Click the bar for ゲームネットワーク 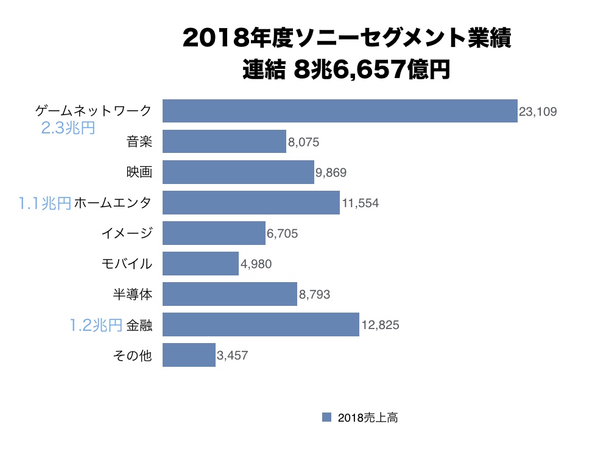[340, 111]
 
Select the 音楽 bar [224, 141]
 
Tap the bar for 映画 [238, 172]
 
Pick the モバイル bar [200, 264]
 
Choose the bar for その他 [189, 355]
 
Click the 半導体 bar [230, 294]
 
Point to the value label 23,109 [538, 112]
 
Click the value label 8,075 [304, 142]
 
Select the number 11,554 [361, 203]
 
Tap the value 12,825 [380, 325]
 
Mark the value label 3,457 [232, 355]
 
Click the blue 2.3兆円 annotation [68, 128]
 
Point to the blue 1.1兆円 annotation [45, 204]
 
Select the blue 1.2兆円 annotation [96, 325]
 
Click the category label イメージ [126, 233]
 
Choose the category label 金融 [139, 325]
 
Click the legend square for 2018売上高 [326, 417]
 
